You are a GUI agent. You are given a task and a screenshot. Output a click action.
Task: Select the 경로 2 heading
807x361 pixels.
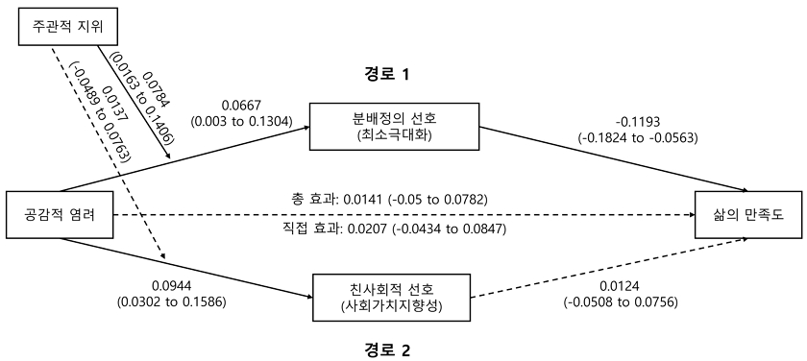click(387, 349)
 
